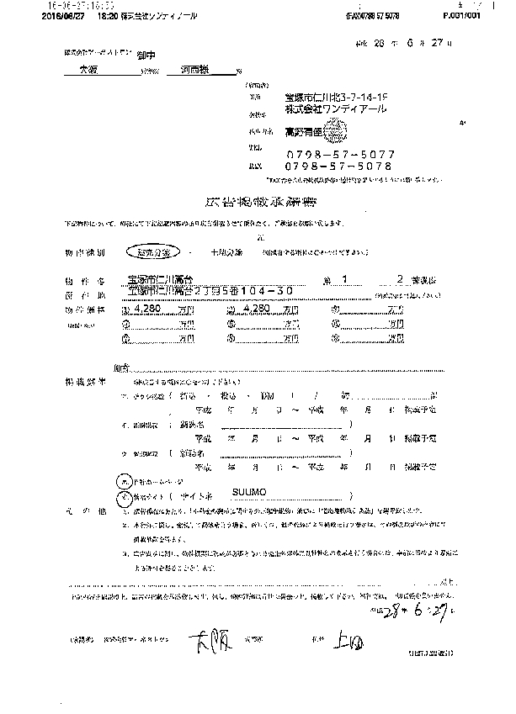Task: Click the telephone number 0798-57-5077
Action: (x=334, y=155)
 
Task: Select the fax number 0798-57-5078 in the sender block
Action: (x=334, y=167)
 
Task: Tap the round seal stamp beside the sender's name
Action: (x=334, y=131)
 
